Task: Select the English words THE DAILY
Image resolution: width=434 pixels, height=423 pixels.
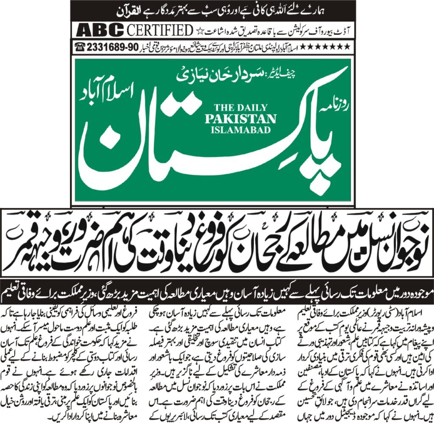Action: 240,108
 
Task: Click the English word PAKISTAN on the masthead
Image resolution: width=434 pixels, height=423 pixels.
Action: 240,119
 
